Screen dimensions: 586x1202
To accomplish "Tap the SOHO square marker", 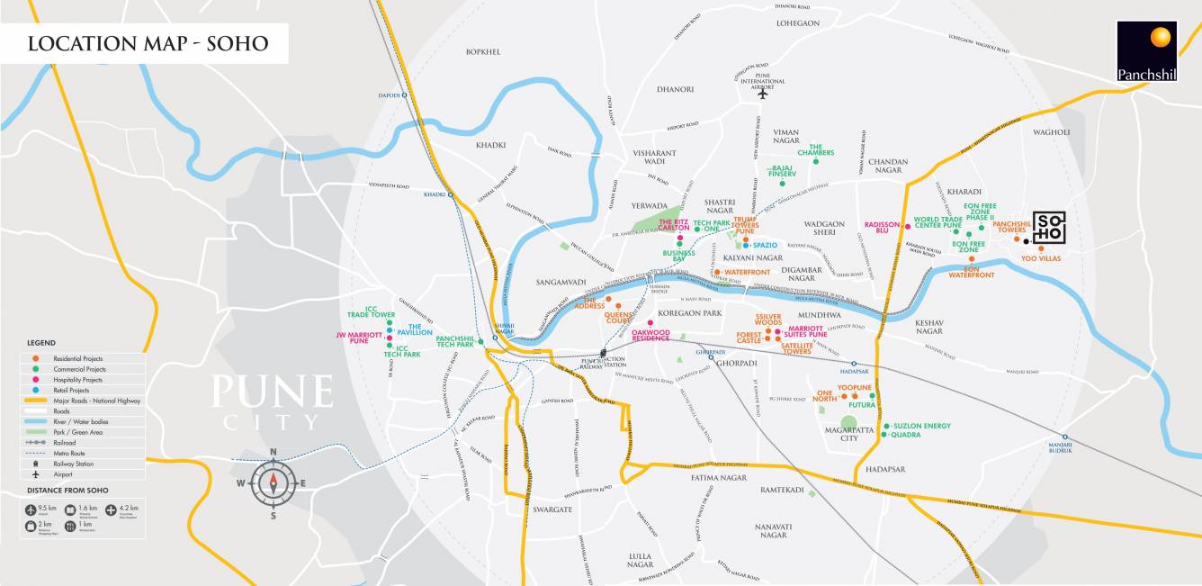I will click(x=1049, y=228).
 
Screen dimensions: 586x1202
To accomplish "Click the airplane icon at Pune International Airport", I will click(x=762, y=93).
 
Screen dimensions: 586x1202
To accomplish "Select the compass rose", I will click(x=273, y=483).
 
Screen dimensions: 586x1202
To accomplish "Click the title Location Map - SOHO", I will click(x=148, y=44).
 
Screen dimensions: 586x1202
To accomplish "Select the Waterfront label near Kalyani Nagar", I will click(x=746, y=271).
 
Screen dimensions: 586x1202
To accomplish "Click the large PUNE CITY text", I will click(x=272, y=401).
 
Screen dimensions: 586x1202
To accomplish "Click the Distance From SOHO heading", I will click(x=67, y=491).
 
